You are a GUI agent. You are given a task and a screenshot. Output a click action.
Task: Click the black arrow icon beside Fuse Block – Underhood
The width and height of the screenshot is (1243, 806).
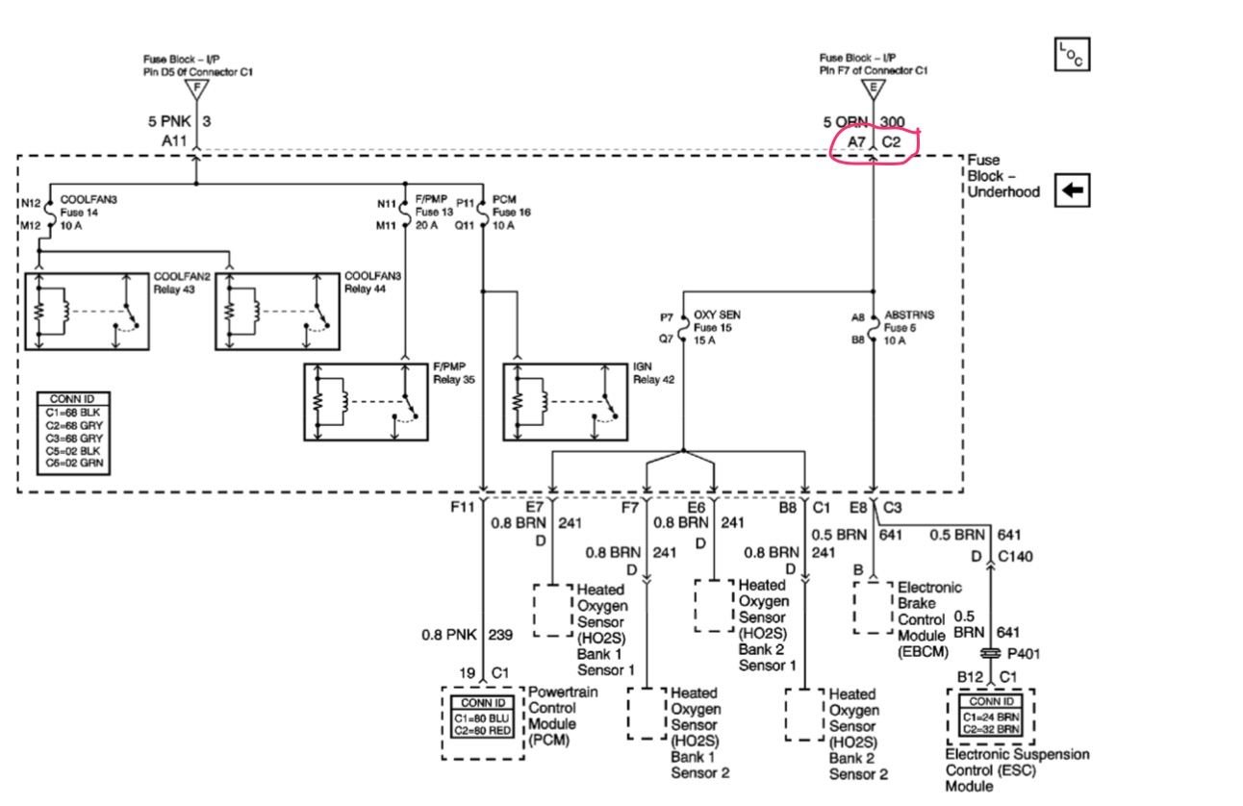click(1071, 190)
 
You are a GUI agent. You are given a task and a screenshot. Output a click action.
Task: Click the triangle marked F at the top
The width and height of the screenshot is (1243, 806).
click(197, 89)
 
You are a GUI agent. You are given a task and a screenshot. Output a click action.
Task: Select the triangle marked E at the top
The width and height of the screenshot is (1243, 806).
click(874, 89)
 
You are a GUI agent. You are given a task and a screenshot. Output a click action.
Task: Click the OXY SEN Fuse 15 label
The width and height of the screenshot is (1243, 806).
click(716, 326)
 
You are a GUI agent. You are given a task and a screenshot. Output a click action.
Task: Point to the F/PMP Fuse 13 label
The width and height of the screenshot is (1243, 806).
click(434, 212)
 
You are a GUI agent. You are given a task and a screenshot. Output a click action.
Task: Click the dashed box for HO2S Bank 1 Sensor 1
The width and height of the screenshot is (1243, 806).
click(552, 609)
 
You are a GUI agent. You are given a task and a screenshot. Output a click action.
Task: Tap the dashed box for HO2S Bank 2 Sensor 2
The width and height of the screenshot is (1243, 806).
click(804, 714)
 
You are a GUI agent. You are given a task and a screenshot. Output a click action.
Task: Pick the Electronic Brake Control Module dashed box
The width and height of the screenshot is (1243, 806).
click(873, 606)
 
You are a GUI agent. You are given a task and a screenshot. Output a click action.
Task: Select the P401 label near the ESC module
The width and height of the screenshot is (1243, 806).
click(1023, 653)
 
